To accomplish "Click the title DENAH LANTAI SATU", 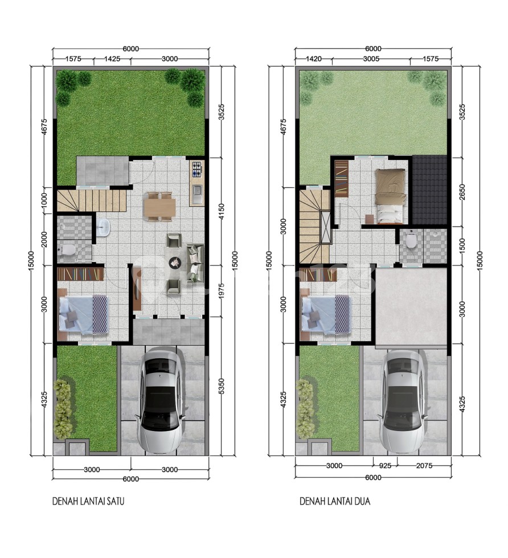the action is [88, 501].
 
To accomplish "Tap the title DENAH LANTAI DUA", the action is [335, 501].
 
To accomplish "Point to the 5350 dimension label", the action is [222, 386].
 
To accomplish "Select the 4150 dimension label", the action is [222, 211].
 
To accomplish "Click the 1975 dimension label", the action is [222, 291].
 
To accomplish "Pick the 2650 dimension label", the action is [462, 192].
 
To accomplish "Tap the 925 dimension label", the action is [385, 466].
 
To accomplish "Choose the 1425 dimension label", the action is [112, 59].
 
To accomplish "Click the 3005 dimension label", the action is [371, 59].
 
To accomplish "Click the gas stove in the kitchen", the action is [197, 169].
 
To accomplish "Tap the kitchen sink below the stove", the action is [197, 194].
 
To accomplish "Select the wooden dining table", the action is [160, 206].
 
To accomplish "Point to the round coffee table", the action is [175, 262].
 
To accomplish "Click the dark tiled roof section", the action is [429, 190].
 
